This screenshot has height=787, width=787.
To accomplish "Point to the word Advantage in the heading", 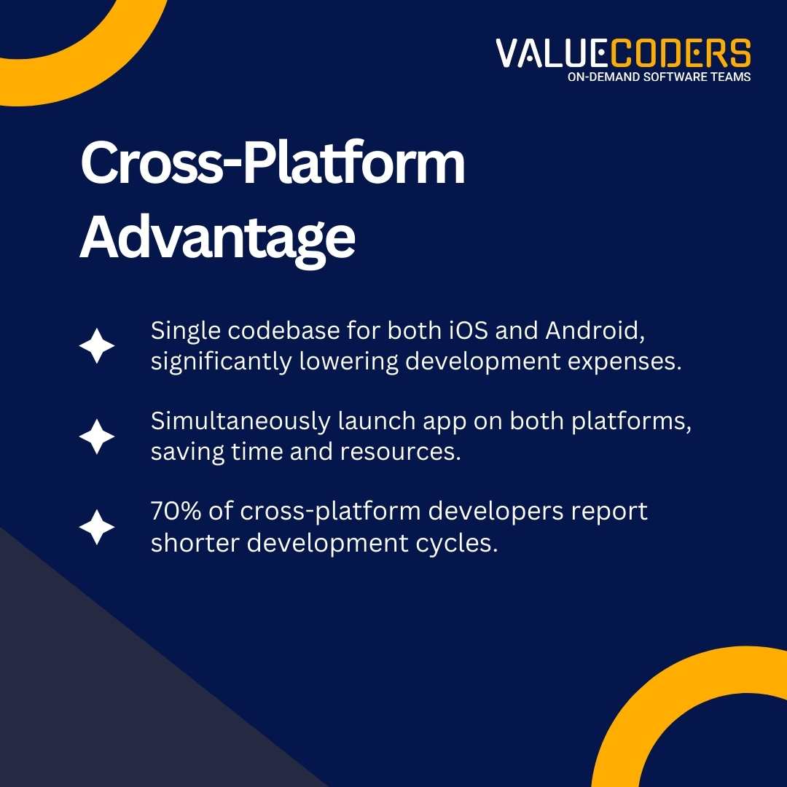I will [x=217, y=236].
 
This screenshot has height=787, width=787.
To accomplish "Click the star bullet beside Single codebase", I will [x=97, y=346].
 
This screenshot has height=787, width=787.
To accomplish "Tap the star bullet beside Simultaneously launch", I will [x=97, y=437].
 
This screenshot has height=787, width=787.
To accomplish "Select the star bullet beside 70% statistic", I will [x=97, y=528].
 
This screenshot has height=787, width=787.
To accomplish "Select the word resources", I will [x=401, y=452].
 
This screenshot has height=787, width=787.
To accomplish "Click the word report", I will [x=608, y=512].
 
